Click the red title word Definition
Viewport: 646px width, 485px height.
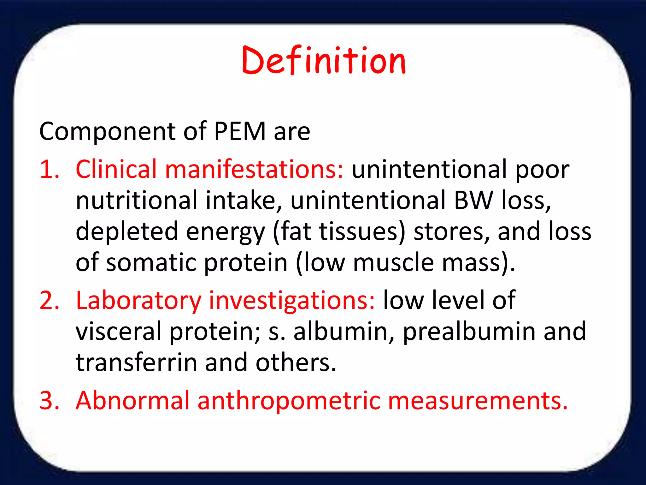pos(324,61)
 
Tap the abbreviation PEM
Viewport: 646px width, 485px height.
pos(240,131)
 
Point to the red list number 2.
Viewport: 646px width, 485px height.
pos(50,301)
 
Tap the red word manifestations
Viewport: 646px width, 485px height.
pos(254,169)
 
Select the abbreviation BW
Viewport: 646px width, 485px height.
pos(473,200)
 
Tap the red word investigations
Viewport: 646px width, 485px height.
pos(292,301)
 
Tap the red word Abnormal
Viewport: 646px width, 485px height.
pos(132,400)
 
